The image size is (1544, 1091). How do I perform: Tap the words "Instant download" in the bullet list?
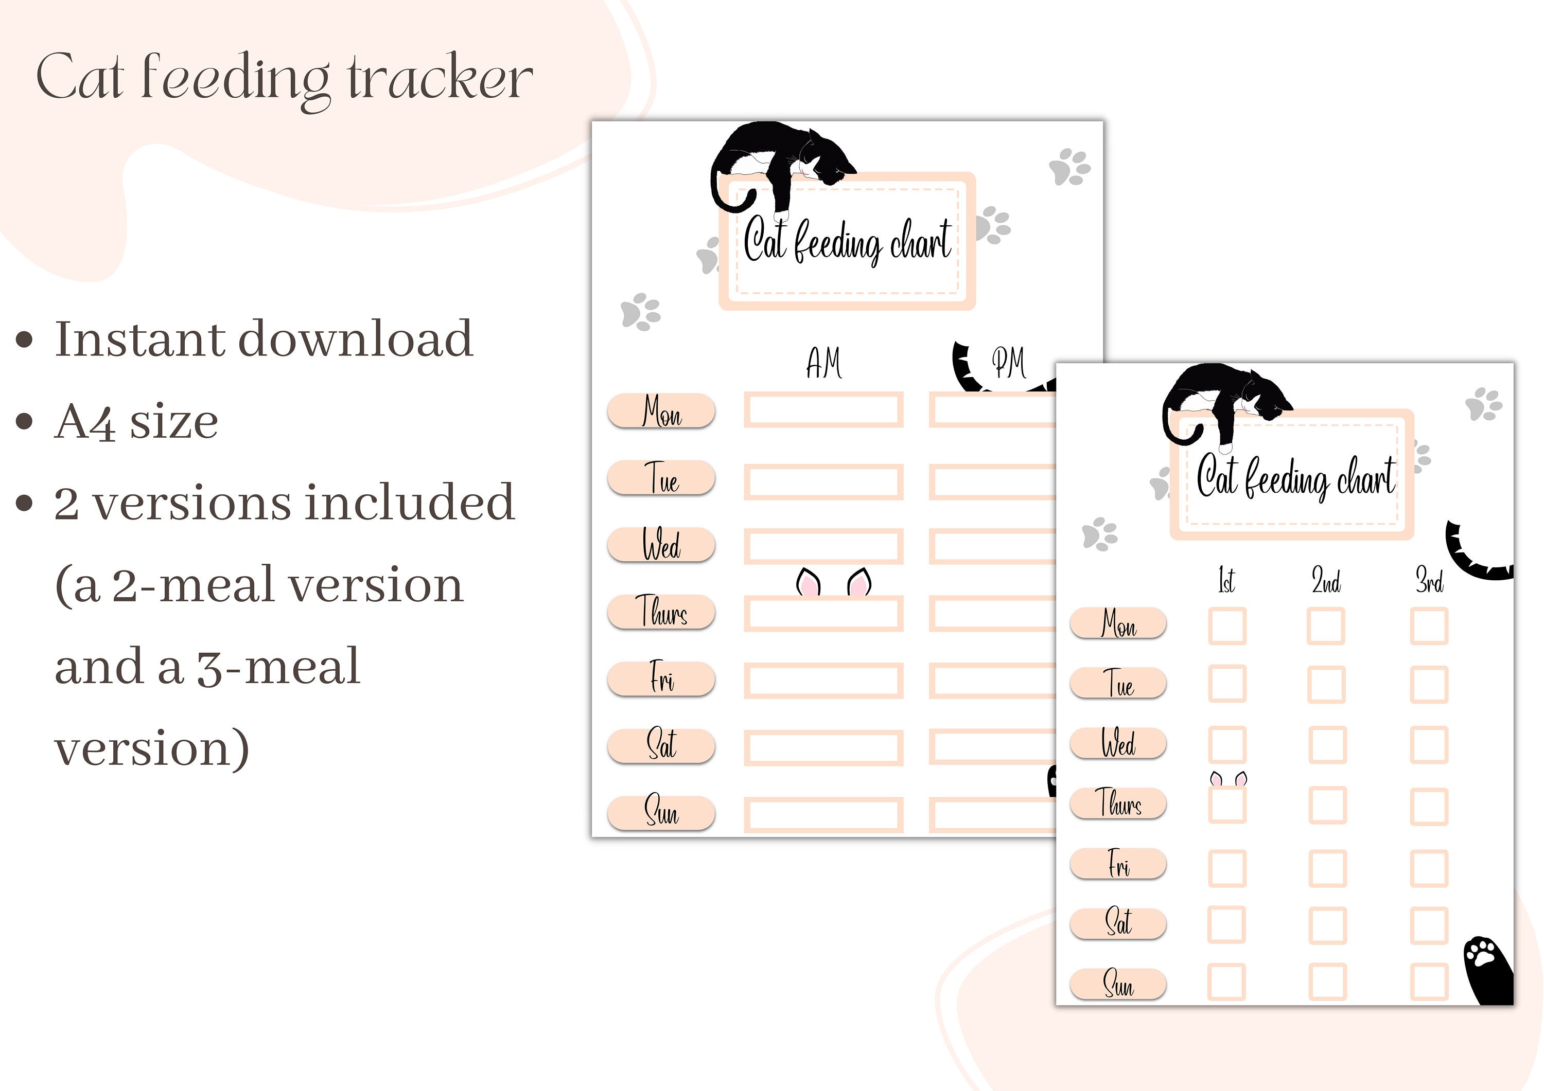click(264, 339)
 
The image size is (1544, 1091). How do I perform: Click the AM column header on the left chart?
click(824, 364)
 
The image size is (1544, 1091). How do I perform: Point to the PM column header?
click(1009, 364)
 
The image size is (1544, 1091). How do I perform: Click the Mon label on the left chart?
click(661, 410)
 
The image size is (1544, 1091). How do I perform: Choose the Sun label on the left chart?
click(661, 812)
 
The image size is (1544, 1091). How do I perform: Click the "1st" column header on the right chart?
click(1226, 581)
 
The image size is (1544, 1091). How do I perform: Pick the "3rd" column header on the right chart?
click(1429, 581)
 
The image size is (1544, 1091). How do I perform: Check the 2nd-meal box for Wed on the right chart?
click(1327, 745)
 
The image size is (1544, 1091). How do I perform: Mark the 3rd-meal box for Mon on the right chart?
click(1429, 627)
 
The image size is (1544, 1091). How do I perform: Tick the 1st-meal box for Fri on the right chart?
click(1227, 868)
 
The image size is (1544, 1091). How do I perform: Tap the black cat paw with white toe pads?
click(1486, 968)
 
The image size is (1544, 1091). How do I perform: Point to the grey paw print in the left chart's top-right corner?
click(1069, 167)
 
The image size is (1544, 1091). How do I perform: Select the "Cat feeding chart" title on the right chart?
click(1295, 477)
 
